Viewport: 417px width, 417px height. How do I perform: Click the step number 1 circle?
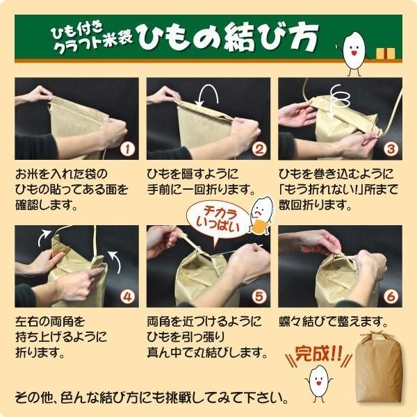pyautogui.click(x=126, y=149)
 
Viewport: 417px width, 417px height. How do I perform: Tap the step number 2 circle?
pyautogui.click(x=258, y=149)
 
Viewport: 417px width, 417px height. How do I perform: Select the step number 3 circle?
pyautogui.click(x=390, y=149)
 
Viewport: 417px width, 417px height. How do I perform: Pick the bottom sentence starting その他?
pyautogui.click(x=152, y=399)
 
